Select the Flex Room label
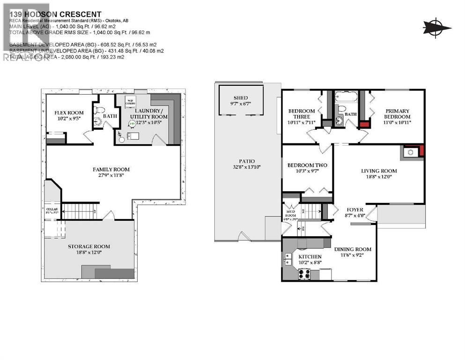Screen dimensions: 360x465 pos(69,112)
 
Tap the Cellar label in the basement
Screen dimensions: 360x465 pos(52,209)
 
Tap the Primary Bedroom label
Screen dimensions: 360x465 pos(397,113)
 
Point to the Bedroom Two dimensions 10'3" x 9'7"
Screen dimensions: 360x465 pos(307,172)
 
